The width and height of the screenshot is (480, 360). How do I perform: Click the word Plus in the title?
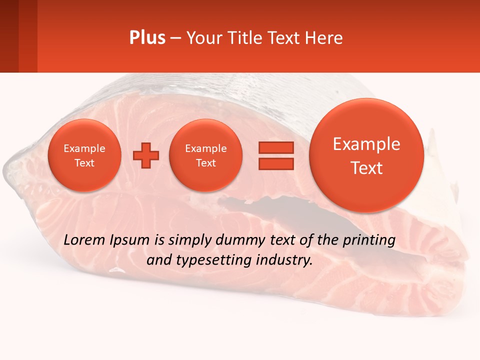147,38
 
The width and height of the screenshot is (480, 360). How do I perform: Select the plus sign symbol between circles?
146,155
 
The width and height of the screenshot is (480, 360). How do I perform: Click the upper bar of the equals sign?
276,147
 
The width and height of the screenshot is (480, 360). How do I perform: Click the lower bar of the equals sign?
276,163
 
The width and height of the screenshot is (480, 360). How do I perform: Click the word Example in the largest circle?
366,144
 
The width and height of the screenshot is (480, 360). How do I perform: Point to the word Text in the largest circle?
366,168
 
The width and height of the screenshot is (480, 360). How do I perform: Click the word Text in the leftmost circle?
84,163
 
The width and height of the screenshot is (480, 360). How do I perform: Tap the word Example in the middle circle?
205,148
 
